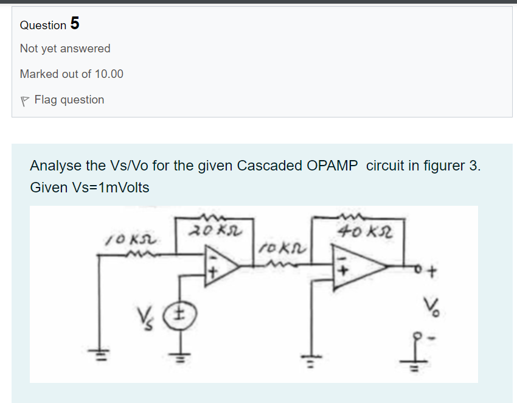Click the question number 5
coord(74,24)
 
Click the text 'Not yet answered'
coord(65,48)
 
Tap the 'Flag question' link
coord(69,99)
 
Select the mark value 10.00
coord(108,74)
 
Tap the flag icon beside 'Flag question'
coord(24,100)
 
